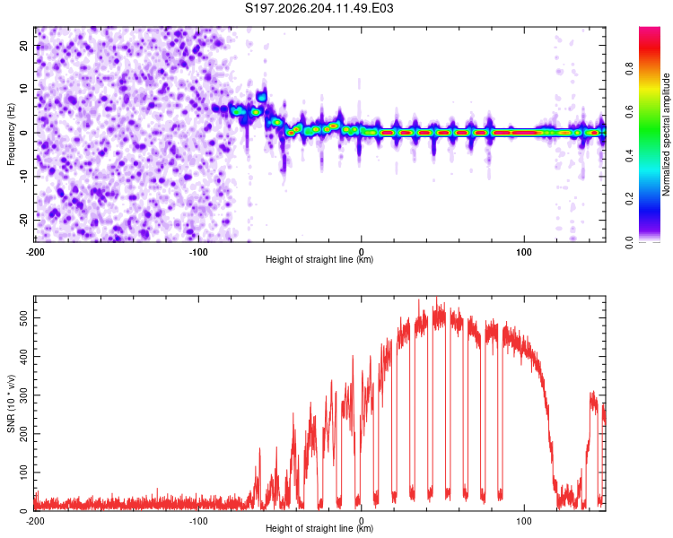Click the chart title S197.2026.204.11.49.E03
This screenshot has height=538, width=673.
[319, 8]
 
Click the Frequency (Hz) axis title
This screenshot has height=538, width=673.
[11, 134]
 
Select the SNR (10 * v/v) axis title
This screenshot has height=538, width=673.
[11, 403]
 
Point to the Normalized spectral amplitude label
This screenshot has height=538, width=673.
[666, 134]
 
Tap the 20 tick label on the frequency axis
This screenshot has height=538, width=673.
[23, 45]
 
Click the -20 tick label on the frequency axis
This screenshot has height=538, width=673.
[23, 220]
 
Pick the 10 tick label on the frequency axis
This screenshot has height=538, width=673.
[23, 89]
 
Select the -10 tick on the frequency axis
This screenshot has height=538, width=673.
[23, 177]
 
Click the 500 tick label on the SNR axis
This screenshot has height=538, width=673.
[23, 318]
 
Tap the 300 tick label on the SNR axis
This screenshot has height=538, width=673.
[23, 395]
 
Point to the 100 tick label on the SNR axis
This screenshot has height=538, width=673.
[23, 473]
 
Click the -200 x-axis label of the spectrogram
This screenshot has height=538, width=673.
[35, 252]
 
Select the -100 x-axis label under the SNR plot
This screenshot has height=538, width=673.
[198, 521]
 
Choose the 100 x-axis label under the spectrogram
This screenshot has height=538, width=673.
[524, 252]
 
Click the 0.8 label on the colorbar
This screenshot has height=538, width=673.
[629, 69]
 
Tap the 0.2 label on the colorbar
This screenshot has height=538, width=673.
[629, 199]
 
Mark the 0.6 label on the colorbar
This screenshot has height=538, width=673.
[629, 112]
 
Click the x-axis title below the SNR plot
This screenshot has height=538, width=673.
[319, 528]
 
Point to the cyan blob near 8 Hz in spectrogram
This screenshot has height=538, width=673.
[261, 97]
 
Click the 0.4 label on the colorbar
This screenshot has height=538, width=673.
[629, 155]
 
